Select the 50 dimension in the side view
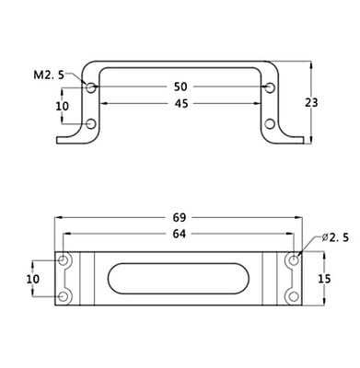(180, 86)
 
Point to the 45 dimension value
(180, 104)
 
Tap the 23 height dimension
(310, 102)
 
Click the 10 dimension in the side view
(63, 107)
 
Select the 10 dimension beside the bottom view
(32, 279)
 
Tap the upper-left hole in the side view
(91, 87)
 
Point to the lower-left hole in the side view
(91, 123)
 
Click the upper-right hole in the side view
(269, 87)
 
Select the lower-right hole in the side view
(269, 123)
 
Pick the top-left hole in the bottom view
(64, 262)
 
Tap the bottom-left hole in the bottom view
(64, 295)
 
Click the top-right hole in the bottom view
(294, 262)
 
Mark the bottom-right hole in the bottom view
(294, 295)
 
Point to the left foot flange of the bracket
(72, 141)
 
